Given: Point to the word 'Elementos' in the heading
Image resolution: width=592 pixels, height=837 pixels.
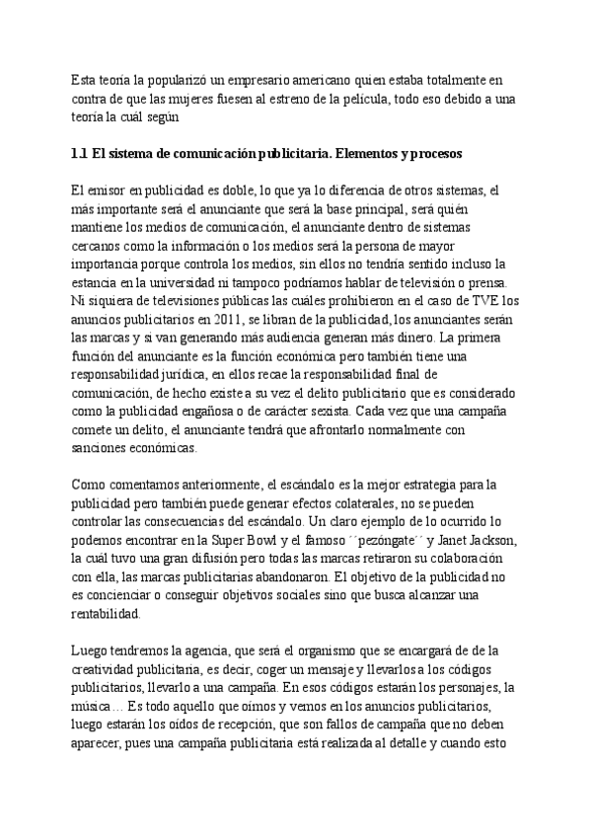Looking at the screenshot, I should pos(367,155).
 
